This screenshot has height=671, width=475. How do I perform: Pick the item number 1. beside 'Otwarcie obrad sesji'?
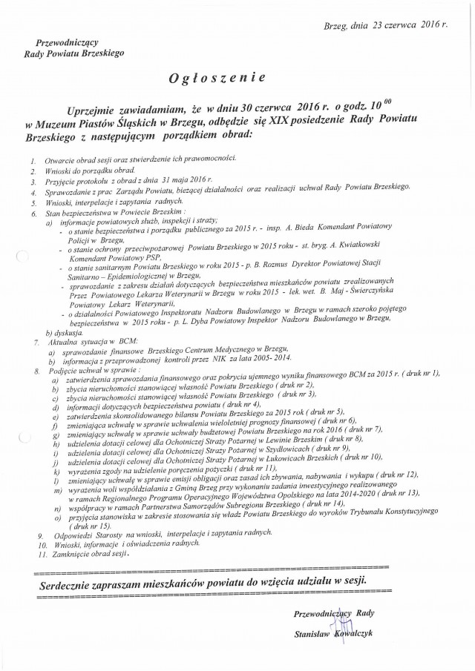33,159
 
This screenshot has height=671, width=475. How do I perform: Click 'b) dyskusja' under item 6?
61,334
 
